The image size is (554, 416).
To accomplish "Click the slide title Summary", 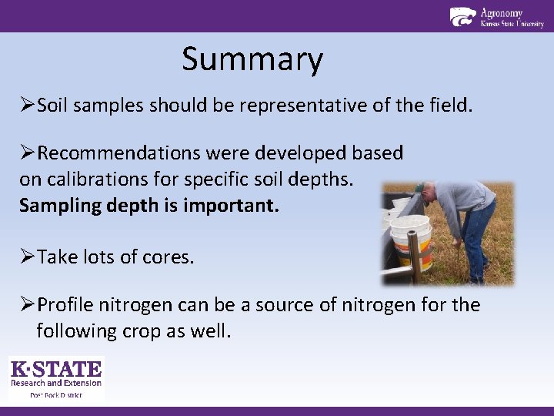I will point(252,60).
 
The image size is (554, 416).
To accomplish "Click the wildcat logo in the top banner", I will point(462,16).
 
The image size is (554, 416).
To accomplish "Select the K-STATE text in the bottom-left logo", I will point(56,369).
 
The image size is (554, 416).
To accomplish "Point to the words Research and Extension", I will point(56,383).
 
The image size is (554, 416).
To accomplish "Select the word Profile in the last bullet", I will point(66,305).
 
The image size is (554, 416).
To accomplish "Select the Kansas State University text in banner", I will point(512,25).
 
